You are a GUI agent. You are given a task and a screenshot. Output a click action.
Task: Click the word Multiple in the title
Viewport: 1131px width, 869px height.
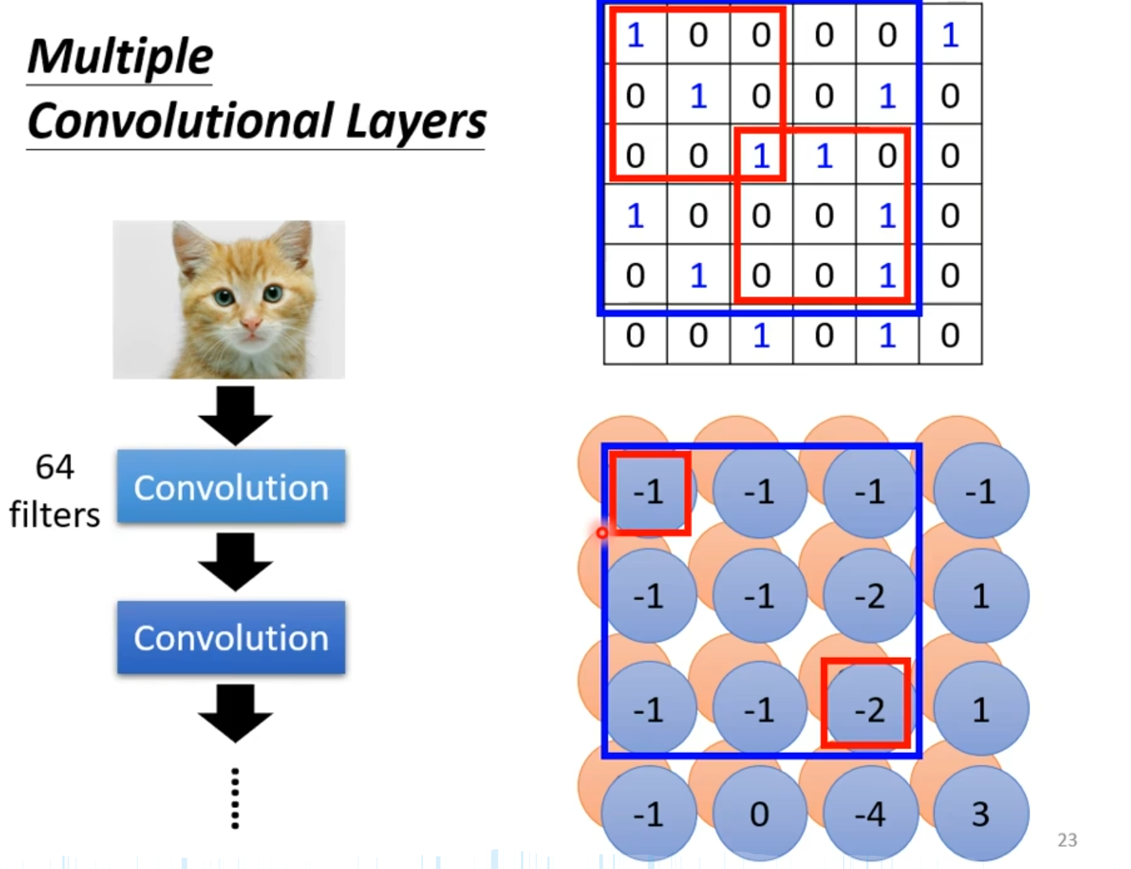(120, 57)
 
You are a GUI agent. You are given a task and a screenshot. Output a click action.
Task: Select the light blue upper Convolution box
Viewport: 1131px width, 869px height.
(231, 488)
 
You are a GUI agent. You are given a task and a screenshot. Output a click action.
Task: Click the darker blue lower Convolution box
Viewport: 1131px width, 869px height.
(231, 638)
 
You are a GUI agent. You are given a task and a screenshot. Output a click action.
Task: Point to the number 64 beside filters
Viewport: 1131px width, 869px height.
(55, 467)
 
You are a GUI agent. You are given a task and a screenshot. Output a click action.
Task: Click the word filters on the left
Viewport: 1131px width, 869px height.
(55, 515)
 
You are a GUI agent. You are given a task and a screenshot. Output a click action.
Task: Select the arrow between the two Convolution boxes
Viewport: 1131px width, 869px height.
(235, 562)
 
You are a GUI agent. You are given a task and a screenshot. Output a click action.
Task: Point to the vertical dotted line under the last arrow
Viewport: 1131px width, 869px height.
(235, 798)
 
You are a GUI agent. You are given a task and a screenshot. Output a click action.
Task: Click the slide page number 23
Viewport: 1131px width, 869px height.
(1067, 840)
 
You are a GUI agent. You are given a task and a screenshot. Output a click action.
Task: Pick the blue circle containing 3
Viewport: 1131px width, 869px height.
(981, 814)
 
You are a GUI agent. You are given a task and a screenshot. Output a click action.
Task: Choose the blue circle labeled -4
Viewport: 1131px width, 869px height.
(870, 814)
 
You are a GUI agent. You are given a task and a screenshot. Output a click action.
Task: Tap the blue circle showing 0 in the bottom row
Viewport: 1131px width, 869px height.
(759, 814)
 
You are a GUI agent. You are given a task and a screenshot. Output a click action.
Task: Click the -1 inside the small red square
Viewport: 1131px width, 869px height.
(649, 493)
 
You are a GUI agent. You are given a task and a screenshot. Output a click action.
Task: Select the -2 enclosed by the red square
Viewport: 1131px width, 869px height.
(868, 710)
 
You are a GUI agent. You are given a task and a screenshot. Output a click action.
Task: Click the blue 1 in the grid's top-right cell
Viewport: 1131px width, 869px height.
(950, 35)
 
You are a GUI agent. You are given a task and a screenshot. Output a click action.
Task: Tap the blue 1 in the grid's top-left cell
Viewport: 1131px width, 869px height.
(635, 35)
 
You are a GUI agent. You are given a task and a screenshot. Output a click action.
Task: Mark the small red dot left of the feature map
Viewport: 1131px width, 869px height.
(602, 533)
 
